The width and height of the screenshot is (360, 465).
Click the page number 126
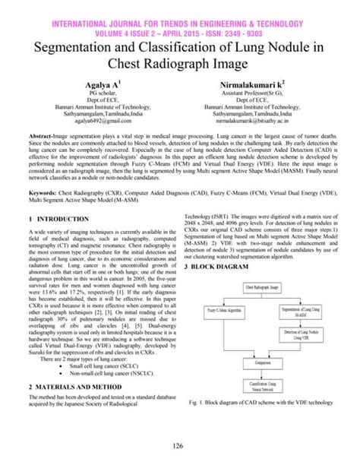[180, 445]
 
